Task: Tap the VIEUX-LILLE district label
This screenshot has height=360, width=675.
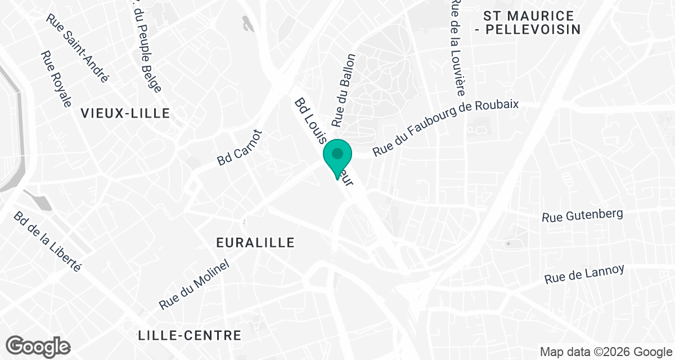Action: pos(125,113)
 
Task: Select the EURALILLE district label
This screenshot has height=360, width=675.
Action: pos(255,242)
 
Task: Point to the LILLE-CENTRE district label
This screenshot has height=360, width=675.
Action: pos(190,336)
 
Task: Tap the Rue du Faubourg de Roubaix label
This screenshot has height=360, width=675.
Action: pos(445,128)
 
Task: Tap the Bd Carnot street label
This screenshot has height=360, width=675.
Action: pos(240,147)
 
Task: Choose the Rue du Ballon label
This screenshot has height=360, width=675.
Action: pos(344,90)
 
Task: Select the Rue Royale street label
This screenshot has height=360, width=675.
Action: pos(56,79)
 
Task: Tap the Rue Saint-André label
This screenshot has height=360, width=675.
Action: pos(78,48)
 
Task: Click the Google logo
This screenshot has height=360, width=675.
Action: pos(38,345)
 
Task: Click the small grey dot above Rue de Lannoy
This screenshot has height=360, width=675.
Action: pos(508,244)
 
